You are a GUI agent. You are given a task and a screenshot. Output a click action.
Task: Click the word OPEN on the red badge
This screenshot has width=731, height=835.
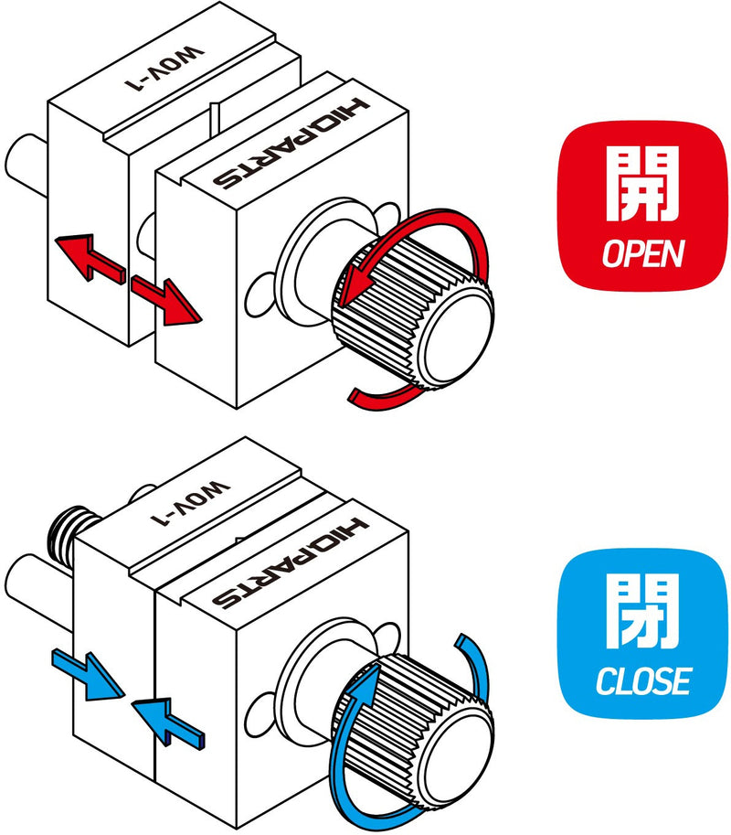[642, 253]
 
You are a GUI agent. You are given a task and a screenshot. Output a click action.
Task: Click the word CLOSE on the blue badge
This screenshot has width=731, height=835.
[642, 680]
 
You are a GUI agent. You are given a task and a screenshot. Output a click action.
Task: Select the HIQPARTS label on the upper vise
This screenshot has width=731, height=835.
[291, 147]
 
